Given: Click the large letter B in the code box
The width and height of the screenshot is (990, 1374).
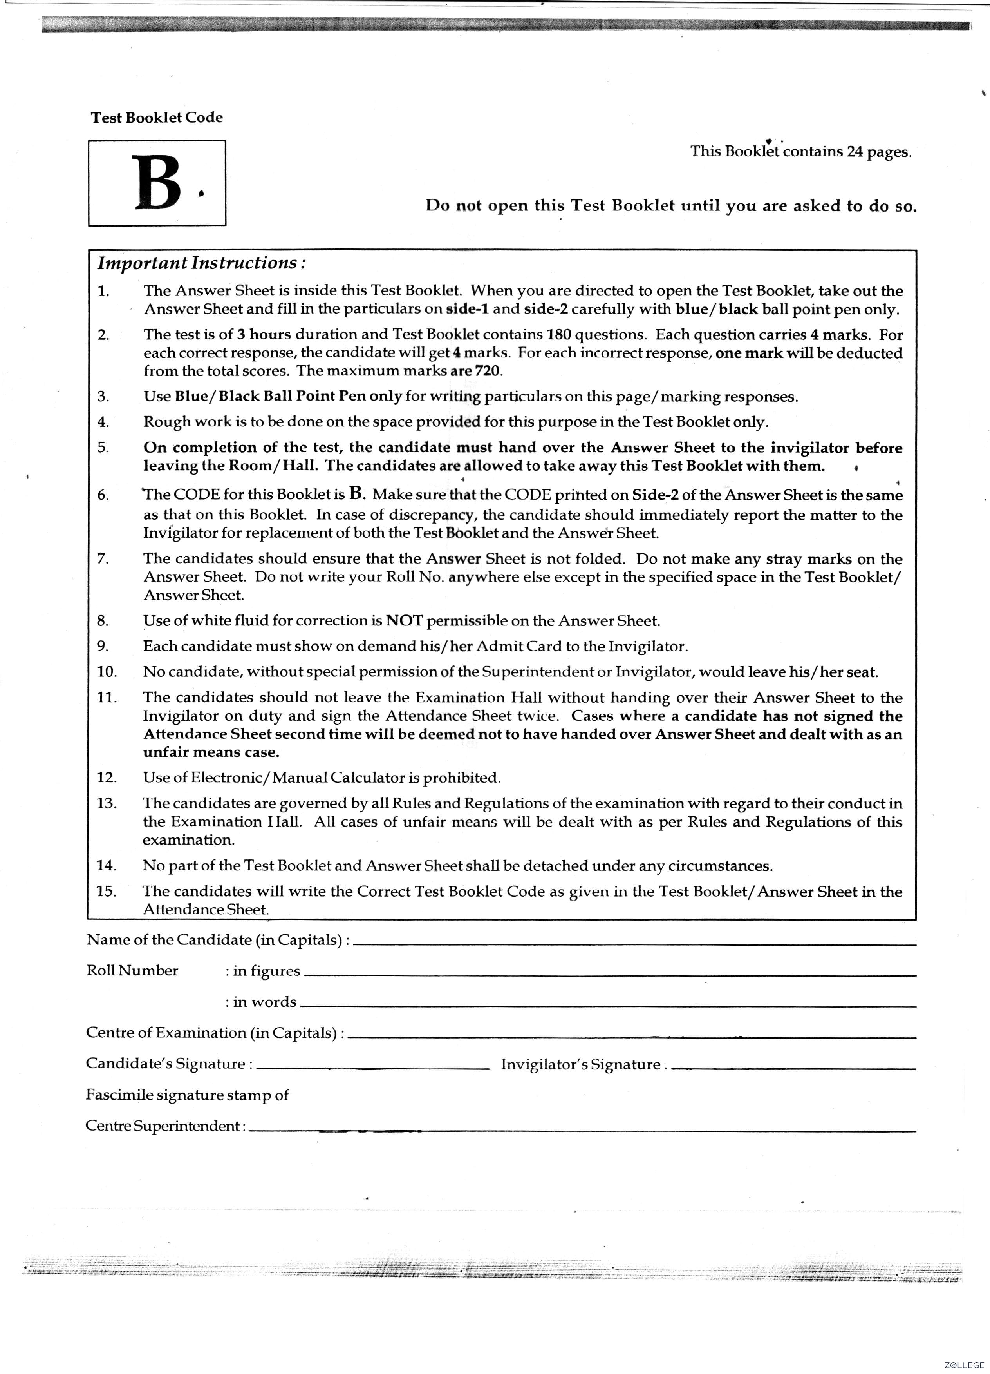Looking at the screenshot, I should tap(157, 183).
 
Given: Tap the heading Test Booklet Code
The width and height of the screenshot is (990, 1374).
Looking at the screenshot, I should tap(156, 118).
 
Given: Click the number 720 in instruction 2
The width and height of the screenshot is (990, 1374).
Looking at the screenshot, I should tap(488, 371).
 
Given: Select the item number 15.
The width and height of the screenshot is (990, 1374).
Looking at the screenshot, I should tap(106, 891).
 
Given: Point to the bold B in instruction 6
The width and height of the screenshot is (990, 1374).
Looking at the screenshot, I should tap(357, 494).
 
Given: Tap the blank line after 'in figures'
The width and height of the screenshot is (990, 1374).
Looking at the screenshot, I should tap(609, 975).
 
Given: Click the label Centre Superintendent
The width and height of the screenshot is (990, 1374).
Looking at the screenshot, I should tap(165, 1126).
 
